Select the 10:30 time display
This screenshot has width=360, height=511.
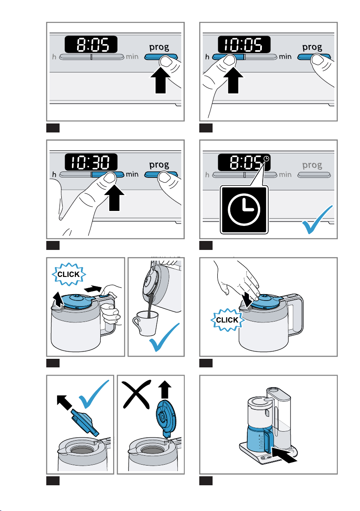pyautogui.click(x=91, y=162)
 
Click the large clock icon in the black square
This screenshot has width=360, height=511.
pyautogui.click(x=243, y=210)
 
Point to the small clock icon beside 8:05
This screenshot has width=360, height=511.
pyautogui.click(x=267, y=159)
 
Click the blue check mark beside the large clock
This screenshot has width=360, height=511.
pyautogui.click(x=318, y=220)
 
